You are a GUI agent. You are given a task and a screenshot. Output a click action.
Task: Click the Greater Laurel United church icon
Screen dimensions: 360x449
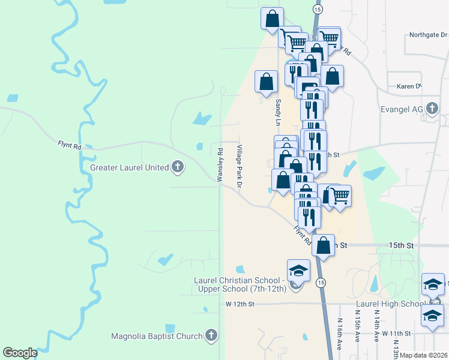177,167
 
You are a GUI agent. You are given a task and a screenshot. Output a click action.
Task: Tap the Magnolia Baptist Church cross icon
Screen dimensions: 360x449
210,336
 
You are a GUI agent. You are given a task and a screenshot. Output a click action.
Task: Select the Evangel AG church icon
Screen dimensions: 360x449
432,109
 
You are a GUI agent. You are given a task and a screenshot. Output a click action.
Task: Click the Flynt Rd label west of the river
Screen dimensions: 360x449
69,145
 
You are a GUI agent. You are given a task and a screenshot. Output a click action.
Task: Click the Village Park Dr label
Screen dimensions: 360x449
238,167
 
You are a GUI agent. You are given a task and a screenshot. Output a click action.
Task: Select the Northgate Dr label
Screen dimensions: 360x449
426,35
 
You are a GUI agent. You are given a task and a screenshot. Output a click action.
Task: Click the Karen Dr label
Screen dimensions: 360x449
409,86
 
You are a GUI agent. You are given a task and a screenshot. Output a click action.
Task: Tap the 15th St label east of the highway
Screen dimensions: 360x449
401,246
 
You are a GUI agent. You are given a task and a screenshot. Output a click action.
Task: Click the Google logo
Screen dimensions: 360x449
20,353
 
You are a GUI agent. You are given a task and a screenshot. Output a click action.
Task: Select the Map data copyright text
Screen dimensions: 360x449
424,355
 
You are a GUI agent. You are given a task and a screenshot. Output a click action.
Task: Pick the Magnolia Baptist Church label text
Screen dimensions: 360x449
157,336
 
